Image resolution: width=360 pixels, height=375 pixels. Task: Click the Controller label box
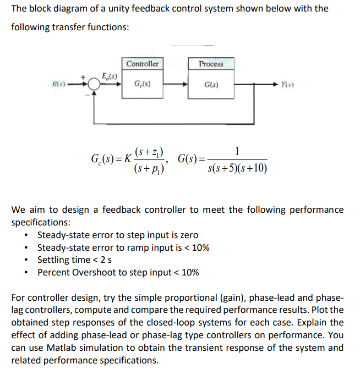[143, 64]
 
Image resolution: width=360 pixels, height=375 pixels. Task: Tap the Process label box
[211, 64]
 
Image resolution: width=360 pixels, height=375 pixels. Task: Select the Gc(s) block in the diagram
[143, 85]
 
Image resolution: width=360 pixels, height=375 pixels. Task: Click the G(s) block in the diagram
[211, 85]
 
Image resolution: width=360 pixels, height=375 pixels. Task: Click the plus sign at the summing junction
[84, 78]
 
